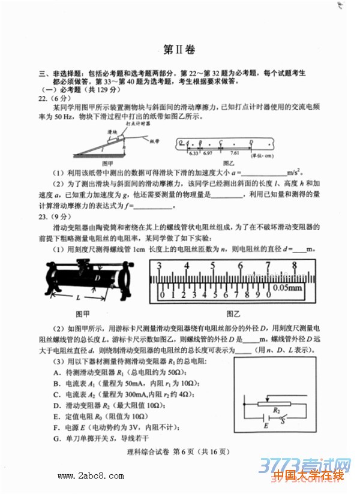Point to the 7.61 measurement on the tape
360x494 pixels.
pyautogui.click(x=235, y=153)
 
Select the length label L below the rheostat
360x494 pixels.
pyautogui.click(x=79, y=298)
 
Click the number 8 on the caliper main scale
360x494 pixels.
pyautogui.click(x=295, y=266)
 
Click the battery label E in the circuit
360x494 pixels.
pyautogui.click(x=265, y=426)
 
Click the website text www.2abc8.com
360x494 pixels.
pyautogui.click(x=82, y=477)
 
